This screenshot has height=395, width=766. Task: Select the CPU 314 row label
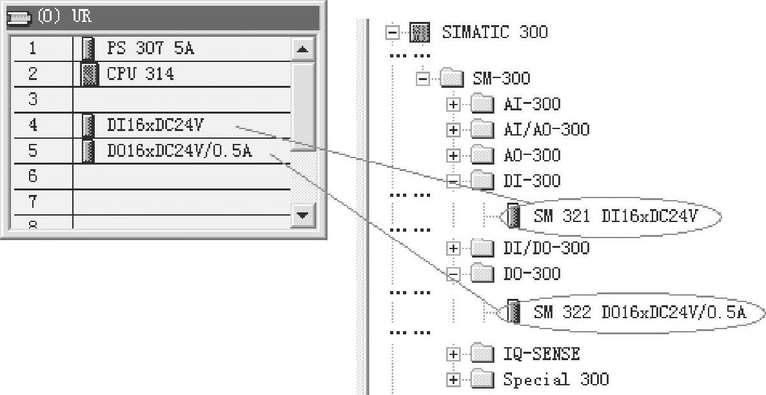[x=140, y=74]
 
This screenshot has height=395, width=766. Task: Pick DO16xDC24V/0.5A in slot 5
[x=179, y=151]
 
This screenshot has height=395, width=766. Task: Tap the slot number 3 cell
[x=33, y=99]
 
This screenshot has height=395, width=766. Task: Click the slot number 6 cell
[x=33, y=176]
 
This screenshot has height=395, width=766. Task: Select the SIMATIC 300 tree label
[x=495, y=32]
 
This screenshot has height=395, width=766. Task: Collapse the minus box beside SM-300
[x=423, y=79]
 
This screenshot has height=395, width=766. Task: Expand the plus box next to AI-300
[x=453, y=105]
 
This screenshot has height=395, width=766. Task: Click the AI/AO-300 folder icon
[x=481, y=130]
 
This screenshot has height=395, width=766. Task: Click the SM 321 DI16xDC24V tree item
[x=615, y=216]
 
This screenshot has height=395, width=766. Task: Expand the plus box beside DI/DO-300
[x=453, y=248]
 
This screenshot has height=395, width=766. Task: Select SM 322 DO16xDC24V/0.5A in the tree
[x=639, y=313]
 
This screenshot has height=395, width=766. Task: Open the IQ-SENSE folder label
[x=541, y=354]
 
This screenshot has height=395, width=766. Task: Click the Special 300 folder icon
[x=481, y=380]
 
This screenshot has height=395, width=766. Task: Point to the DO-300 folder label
[x=532, y=274]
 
